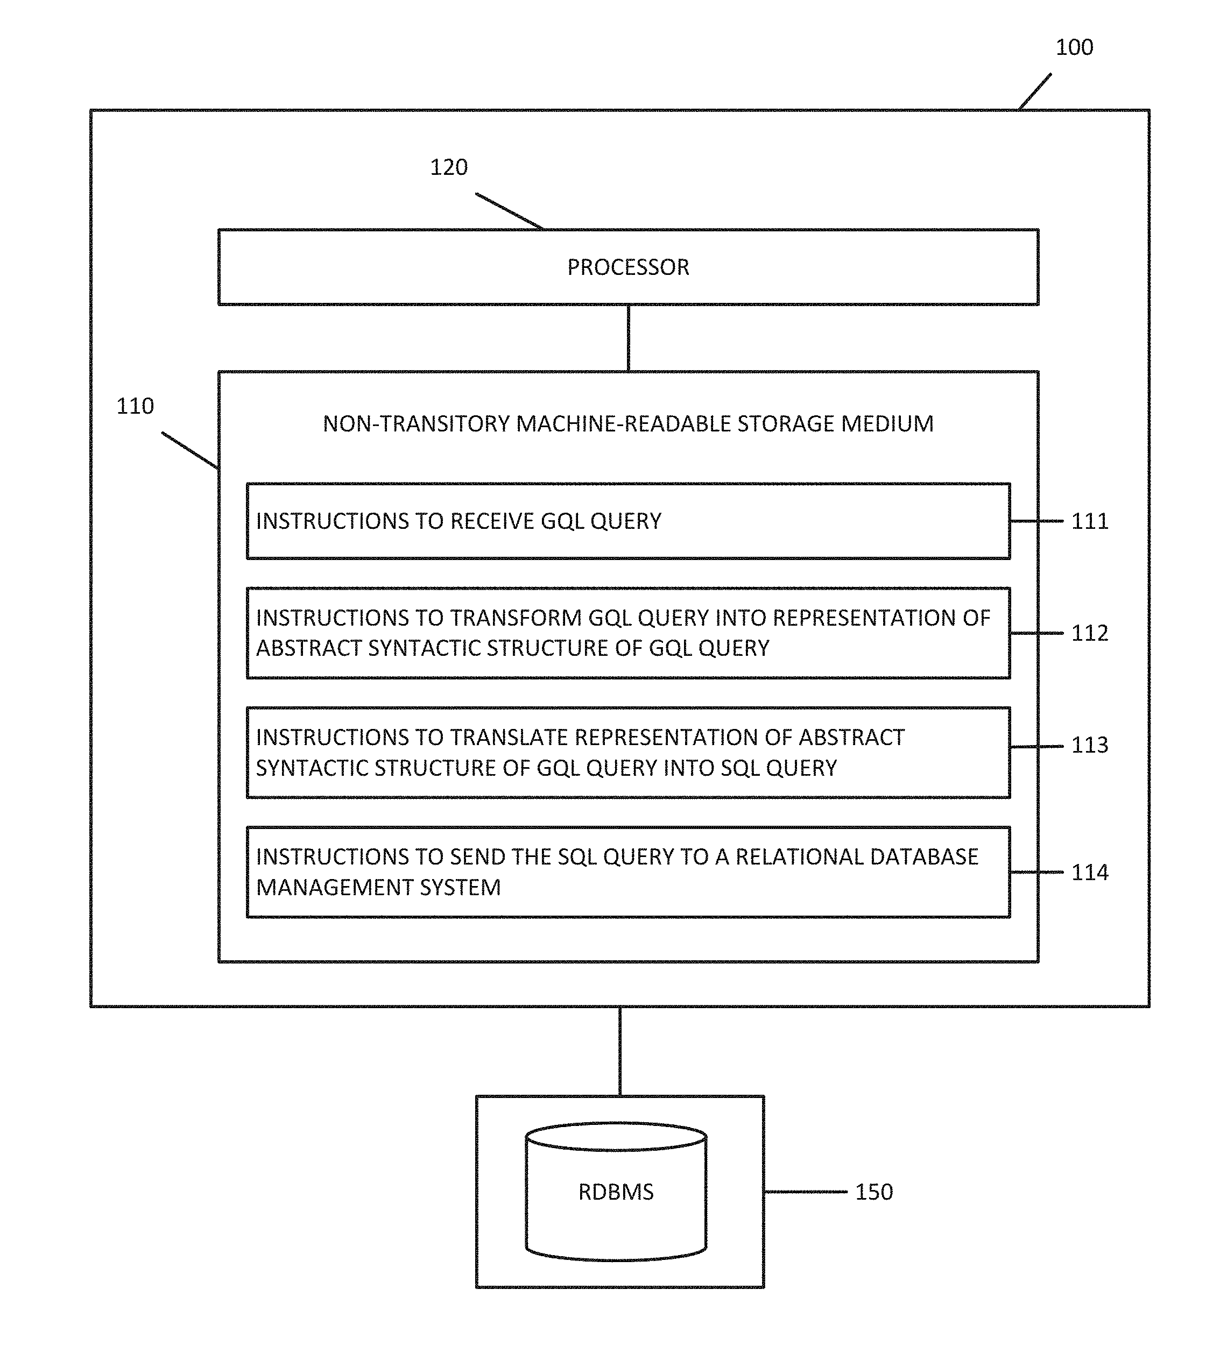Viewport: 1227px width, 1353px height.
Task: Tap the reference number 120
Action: [448, 167]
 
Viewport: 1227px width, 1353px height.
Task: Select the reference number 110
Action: [135, 406]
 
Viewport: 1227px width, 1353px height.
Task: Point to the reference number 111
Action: [1089, 521]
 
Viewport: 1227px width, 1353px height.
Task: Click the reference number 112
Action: [1089, 633]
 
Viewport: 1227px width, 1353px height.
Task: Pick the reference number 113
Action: [1089, 745]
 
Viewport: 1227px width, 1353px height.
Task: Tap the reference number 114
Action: [1089, 873]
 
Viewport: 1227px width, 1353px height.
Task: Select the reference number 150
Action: [873, 1192]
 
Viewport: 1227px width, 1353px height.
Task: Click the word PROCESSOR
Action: [627, 268]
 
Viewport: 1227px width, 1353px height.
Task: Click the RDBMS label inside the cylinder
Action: [616, 1192]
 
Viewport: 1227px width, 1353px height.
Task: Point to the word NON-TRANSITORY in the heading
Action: [416, 424]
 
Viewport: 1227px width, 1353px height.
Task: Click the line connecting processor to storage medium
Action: [627, 338]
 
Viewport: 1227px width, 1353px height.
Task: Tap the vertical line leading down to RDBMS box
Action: [619, 1051]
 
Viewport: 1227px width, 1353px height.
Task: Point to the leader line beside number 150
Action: [806, 1192]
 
